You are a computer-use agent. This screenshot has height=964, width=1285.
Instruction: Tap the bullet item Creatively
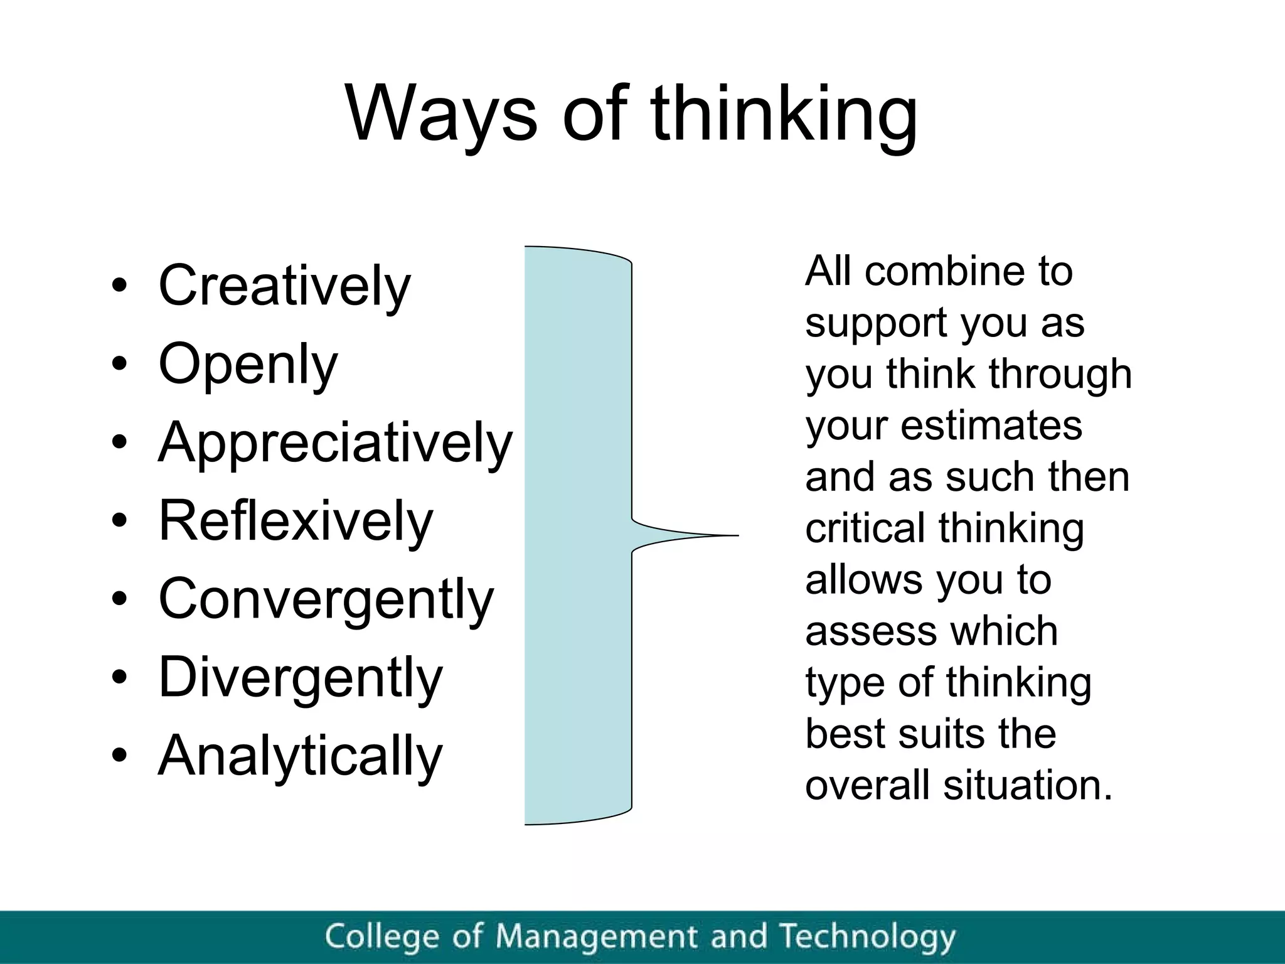284,286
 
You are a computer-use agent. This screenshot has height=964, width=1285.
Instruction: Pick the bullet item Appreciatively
336,442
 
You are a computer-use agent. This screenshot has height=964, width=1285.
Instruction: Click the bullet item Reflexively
296,521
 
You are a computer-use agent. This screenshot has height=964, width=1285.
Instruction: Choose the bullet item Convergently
326,599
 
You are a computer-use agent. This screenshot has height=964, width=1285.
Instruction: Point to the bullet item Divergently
301,677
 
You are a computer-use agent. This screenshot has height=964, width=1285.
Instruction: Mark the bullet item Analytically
301,756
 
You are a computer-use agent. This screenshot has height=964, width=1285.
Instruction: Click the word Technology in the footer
868,937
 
